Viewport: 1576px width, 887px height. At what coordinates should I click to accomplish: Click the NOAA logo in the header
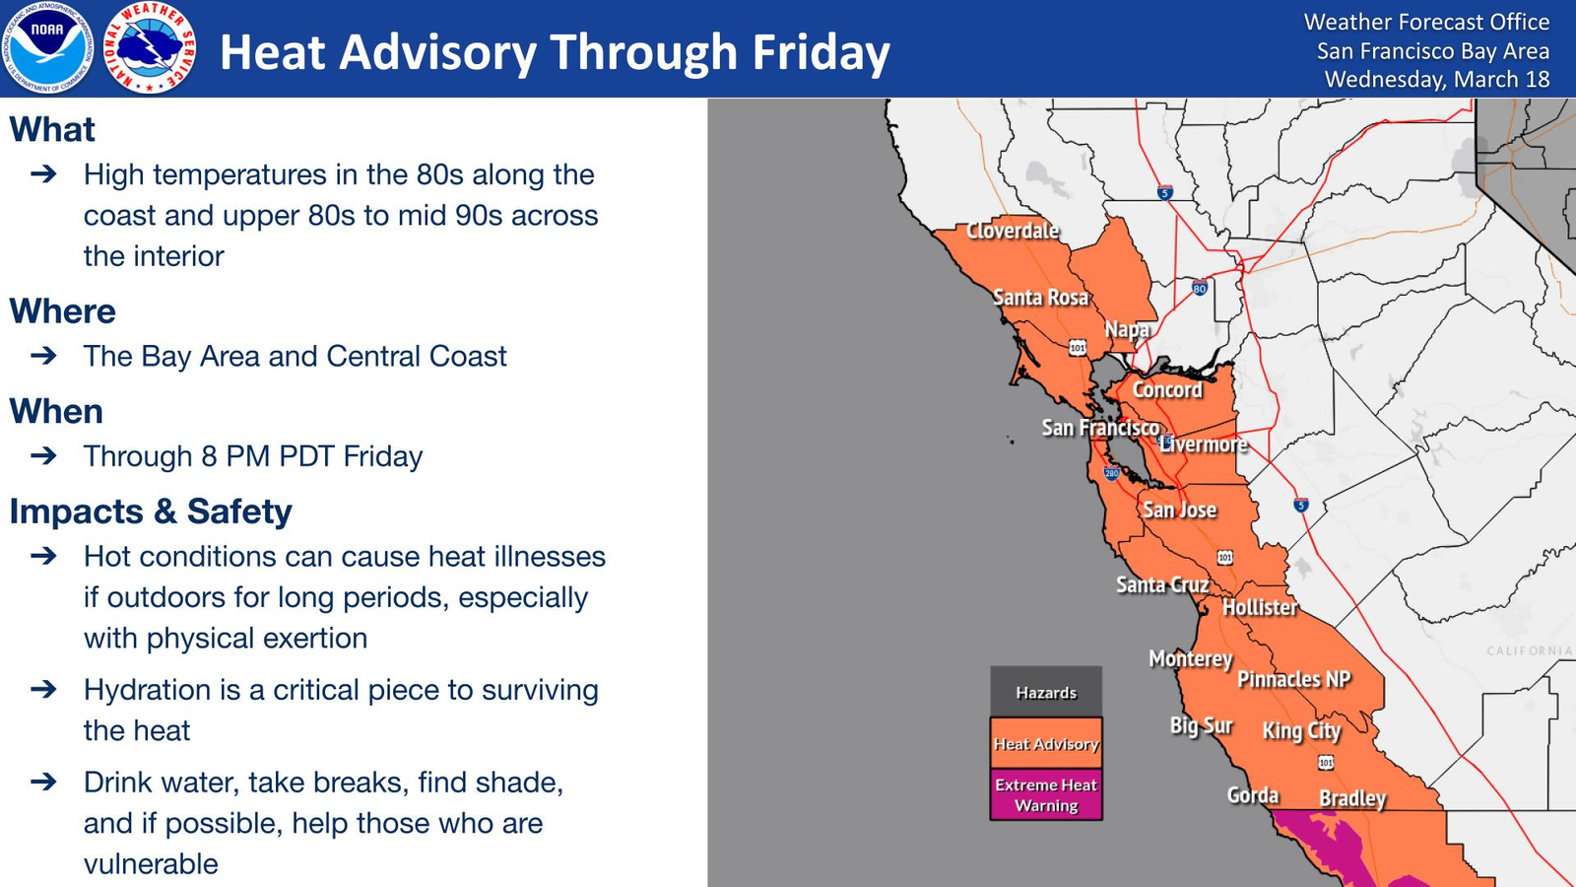coord(47,48)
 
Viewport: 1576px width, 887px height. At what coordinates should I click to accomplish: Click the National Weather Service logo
coord(149,48)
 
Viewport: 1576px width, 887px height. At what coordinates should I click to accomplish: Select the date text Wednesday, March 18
coord(1437,79)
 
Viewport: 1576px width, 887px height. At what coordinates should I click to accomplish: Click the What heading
coord(52,129)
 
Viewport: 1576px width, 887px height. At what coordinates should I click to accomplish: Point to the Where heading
coord(63,311)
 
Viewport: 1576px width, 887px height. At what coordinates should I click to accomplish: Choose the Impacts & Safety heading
coord(151,512)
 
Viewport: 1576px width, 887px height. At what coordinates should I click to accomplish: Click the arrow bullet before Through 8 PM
coord(43,455)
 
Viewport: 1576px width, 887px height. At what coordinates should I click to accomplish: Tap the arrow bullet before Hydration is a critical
coord(43,689)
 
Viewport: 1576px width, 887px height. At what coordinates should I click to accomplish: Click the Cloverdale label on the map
coord(1013,231)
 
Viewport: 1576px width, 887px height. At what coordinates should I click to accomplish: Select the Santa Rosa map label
coord(1040,298)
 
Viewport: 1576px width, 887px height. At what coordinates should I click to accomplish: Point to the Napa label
coord(1127,329)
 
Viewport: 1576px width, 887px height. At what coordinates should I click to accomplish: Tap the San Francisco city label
coord(1100,428)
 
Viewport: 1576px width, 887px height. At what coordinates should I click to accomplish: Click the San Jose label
coord(1179,510)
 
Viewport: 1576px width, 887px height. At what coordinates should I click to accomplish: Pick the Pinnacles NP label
coord(1294,679)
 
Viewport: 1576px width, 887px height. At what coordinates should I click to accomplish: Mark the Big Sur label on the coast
coord(1201,725)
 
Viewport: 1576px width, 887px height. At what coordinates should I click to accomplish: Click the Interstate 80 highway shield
coord(1200,287)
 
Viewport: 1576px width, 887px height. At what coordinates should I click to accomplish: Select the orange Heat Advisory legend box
coord(1046,743)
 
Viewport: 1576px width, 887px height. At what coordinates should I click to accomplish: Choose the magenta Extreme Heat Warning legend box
coord(1046,794)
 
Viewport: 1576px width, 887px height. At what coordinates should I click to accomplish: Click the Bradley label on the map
coord(1352,798)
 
